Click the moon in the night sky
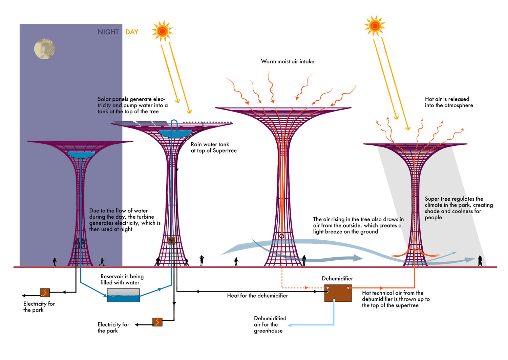44,49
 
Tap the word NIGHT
108,32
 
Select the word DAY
132,32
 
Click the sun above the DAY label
162,31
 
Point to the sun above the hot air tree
375,26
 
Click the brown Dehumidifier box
338,293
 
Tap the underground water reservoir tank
123,295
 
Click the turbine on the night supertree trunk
80,243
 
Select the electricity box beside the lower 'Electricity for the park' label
157,322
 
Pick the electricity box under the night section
45,293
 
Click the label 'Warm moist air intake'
288,61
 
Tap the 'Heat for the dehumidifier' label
257,296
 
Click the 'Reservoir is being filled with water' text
122,279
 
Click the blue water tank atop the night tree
81,154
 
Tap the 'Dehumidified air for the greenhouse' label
270,324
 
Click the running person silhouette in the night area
102,262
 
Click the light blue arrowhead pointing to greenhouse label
290,325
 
